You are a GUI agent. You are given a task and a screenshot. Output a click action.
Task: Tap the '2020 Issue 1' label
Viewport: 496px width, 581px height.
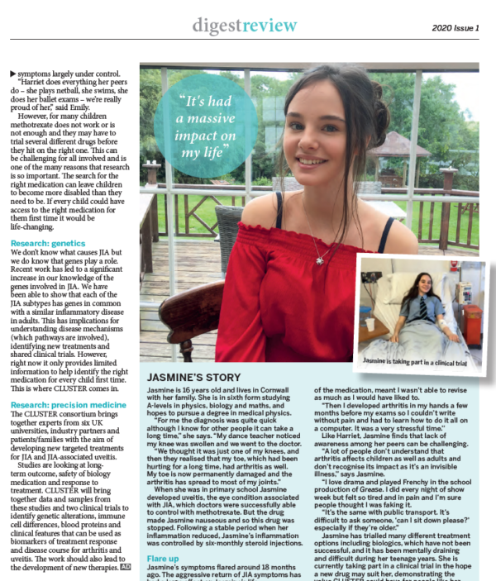tap(455, 28)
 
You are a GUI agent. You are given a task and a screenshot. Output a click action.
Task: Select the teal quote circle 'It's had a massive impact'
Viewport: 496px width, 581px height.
tap(194, 125)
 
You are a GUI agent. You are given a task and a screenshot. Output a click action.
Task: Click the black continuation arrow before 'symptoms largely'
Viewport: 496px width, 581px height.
tap(12, 74)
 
